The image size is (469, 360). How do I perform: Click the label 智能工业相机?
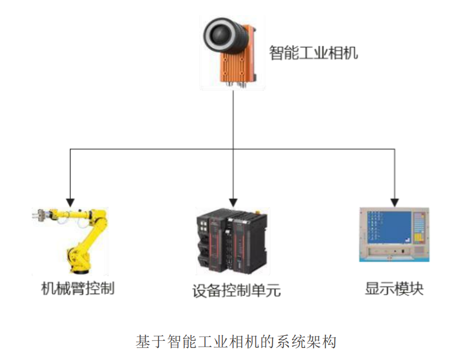tap(313, 53)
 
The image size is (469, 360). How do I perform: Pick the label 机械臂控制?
tap(78, 288)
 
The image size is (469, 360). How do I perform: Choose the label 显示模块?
tap(394, 288)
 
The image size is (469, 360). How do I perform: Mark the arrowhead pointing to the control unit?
tap(233, 201)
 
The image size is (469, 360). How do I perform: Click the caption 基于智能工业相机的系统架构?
tap(235, 342)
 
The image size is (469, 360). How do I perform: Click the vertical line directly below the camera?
tap(233, 120)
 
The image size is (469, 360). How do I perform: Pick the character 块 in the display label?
tap(416, 288)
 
